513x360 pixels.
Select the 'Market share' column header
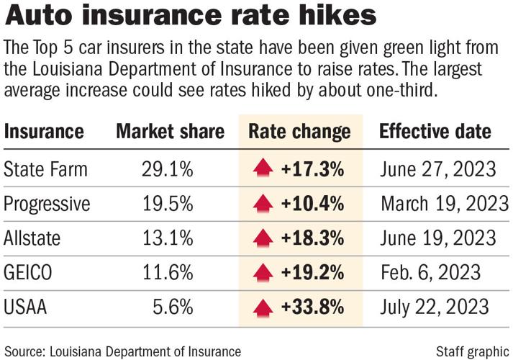(x=170, y=132)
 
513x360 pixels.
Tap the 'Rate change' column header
(x=299, y=132)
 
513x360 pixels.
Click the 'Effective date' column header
(x=435, y=132)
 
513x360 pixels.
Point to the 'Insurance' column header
(x=44, y=132)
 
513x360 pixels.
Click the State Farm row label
(x=45, y=170)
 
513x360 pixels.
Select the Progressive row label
(x=47, y=204)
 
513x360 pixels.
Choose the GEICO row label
(x=28, y=272)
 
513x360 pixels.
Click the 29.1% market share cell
(x=168, y=170)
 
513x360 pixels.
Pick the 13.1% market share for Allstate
(x=168, y=238)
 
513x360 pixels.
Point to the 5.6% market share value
(x=173, y=307)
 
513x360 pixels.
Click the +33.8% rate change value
(x=312, y=307)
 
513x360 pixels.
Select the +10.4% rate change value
(x=312, y=204)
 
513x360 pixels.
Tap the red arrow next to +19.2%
(x=264, y=272)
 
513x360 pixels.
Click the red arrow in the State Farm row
(x=264, y=170)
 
